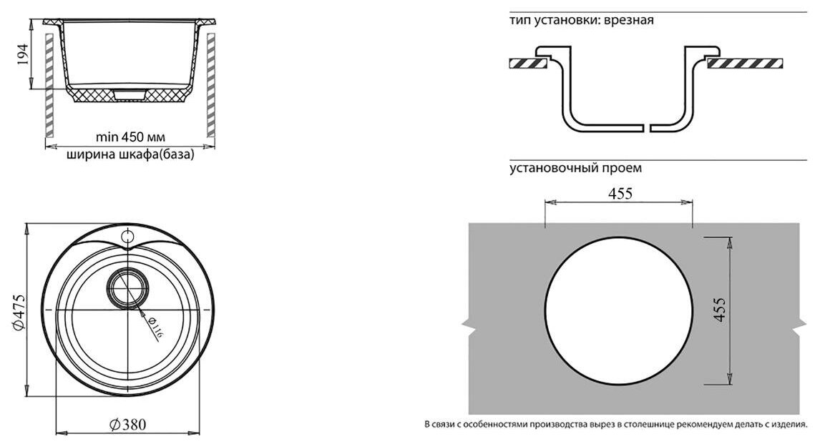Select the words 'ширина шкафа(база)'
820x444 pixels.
[130, 154]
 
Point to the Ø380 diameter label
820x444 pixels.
[128, 424]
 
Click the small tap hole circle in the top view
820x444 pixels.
[128, 236]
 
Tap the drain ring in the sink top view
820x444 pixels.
[128, 288]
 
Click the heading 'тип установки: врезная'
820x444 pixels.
[581, 21]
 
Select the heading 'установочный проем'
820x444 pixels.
[575, 169]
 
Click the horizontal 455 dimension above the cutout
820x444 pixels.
[620, 194]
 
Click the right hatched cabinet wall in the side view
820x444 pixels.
[211, 86]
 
